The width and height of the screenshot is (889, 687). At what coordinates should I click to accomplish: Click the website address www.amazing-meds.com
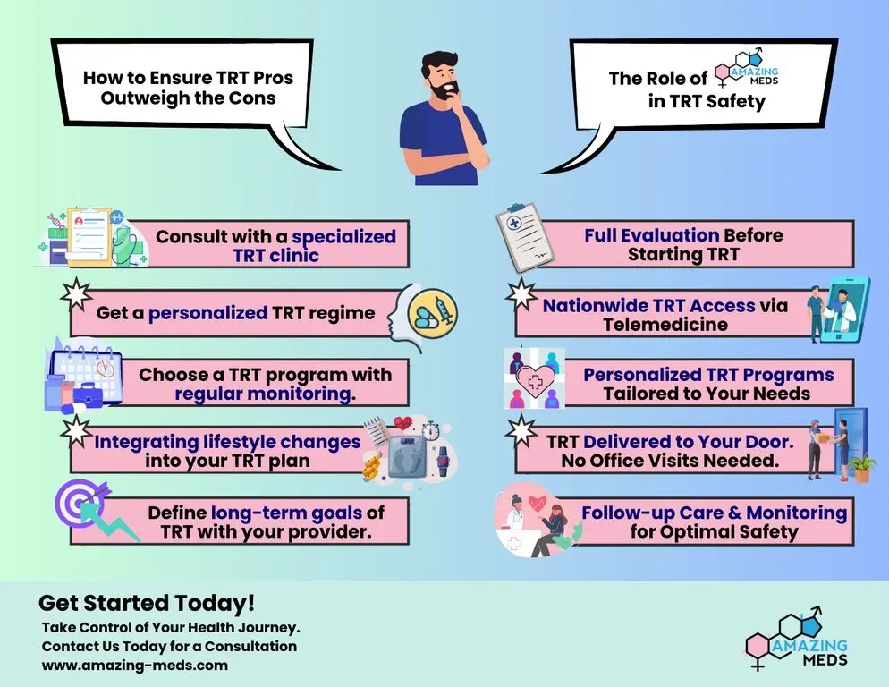point(135,665)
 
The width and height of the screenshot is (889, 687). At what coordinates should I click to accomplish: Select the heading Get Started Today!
point(147,603)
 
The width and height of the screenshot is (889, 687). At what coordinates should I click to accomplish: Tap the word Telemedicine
point(665,324)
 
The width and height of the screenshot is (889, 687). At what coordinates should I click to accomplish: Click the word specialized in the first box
point(343,237)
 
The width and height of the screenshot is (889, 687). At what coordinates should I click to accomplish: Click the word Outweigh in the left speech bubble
point(148,98)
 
